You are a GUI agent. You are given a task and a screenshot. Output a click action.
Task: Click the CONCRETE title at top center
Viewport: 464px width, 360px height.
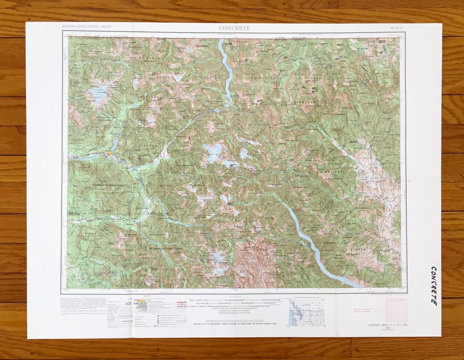[x=234, y=28]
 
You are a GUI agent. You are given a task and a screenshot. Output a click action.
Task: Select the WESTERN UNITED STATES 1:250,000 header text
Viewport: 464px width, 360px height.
[x=87, y=27]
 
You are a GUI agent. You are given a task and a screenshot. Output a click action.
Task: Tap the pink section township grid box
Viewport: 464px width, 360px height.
[x=396, y=311]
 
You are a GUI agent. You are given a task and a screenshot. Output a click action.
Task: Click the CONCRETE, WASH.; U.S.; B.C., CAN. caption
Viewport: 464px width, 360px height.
[x=387, y=325]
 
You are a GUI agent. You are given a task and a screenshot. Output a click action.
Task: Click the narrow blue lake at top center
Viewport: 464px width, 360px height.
[x=226, y=71]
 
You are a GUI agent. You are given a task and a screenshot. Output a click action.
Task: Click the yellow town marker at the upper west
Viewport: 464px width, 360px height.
[x=111, y=153]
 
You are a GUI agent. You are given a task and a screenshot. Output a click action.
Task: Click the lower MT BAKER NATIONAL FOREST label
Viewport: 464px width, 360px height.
[x=165, y=249]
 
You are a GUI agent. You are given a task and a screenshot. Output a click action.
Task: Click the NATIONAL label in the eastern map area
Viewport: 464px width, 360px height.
[x=335, y=171]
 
